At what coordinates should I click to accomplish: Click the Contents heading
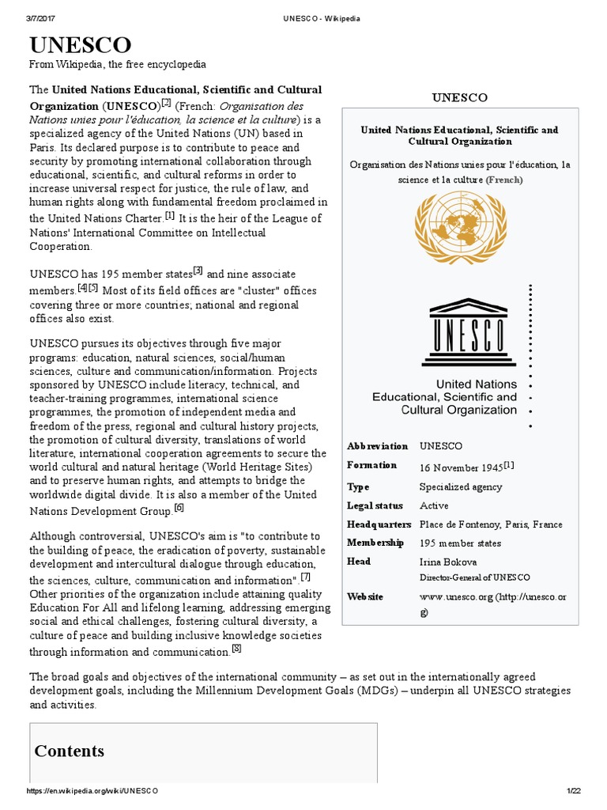pos(69,751)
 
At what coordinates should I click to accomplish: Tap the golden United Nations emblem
pos(459,227)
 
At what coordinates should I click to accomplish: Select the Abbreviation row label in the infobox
pos(377,446)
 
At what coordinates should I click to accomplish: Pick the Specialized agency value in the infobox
pos(460,486)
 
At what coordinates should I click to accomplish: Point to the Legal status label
pos(375,505)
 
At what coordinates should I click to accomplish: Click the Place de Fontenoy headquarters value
pos(491,524)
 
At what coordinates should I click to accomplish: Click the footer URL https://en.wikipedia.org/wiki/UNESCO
pos(92,791)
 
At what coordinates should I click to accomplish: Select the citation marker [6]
pos(179,508)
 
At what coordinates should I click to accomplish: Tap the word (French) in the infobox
pos(504,180)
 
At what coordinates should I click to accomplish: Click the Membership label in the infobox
pos(375,543)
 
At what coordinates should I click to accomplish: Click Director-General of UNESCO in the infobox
pos(474,577)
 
